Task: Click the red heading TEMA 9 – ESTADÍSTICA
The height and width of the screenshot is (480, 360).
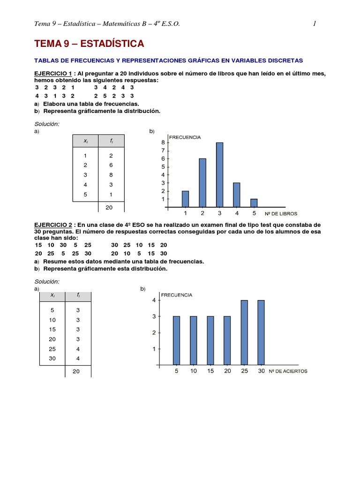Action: coord(89,44)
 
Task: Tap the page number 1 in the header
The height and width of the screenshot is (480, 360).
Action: coord(315,24)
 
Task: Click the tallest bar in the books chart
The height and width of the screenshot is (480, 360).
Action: coord(219,174)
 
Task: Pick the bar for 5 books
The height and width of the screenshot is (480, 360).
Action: coord(254,202)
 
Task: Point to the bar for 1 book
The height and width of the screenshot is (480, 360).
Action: coord(185,199)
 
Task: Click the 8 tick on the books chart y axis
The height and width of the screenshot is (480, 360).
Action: coord(163,142)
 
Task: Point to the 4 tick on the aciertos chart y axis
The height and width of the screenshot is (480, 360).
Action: coord(153,300)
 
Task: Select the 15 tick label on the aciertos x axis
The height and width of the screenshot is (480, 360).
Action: coord(210,371)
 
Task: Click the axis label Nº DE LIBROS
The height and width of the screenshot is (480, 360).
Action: coord(281,213)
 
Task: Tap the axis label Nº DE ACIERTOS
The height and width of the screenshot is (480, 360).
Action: coord(288,371)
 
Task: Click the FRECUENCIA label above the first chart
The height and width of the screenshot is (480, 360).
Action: coord(185,137)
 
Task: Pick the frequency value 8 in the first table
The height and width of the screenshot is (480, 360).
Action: coord(111,175)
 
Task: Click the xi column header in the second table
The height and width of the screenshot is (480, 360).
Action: coord(52,295)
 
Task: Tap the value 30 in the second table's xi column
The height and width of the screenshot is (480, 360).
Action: coord(52,358)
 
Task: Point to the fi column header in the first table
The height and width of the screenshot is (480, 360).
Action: coord(111,141)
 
